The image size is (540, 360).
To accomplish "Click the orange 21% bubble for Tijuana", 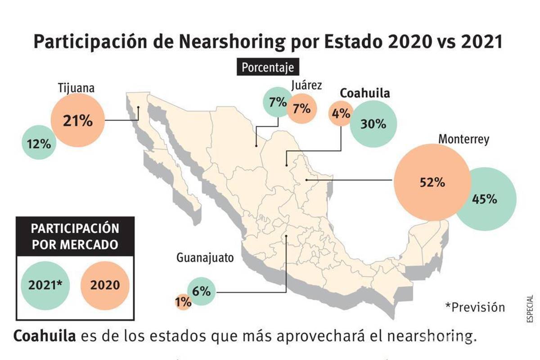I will coord(77,121).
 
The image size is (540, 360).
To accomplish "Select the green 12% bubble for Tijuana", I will coord(39,144).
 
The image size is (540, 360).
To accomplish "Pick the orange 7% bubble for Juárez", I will coord(301,108).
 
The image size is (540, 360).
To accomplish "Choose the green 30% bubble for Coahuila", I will coord(373,124).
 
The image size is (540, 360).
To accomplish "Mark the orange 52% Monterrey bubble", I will coord(432,182).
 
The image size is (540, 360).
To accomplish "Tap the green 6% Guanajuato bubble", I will coord(201,291).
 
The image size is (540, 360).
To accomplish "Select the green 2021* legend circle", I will coord(45,285).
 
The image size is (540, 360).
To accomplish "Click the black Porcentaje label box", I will coord(268,67).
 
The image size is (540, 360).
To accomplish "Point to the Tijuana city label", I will coord(76,88).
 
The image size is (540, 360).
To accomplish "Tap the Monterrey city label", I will coord(463,139).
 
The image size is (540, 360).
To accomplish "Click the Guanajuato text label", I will coord(205,258).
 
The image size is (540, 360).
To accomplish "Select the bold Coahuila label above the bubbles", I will coord(364,93).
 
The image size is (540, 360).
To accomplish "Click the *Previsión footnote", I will coord(475,307).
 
